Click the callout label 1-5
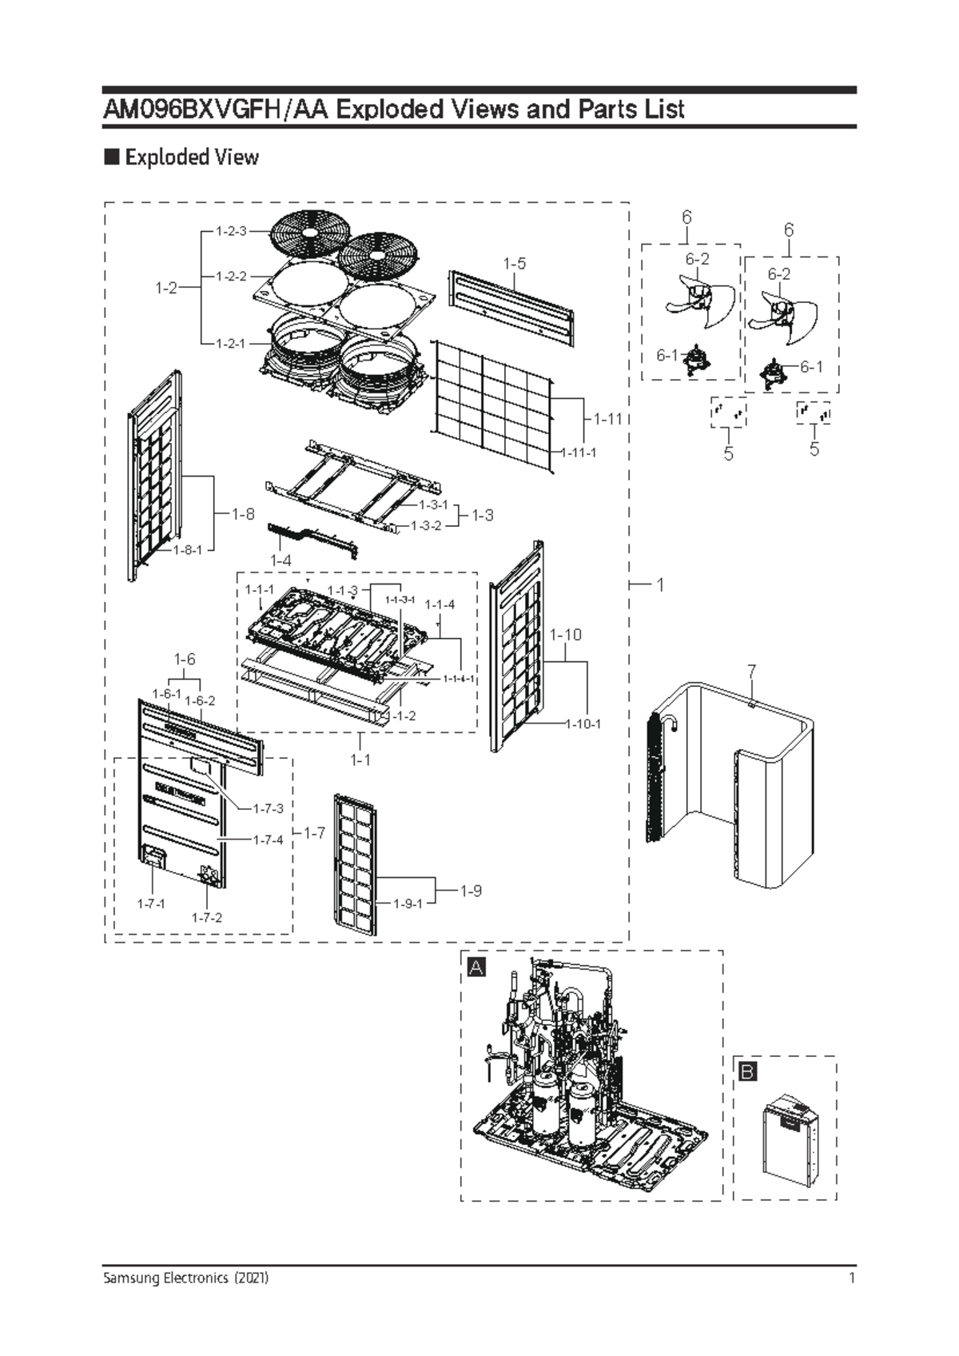pyautogui.click(x=515, y=263)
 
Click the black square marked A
pyautogui.click(x=476, y=967)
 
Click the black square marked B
pyautogui.click(x=747, y=1072)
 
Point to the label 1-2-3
pyautogui.click(x=231, y=231)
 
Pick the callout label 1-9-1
pyautogui.click(x=408, y=903)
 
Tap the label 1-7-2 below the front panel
pyautogui.click(x=206, y=917)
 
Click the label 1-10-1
pyautogui.click(x=583, y=724)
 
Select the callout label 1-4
pyautogui.click(x=281, y=560)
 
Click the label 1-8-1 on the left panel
pyautogui.click(x=189, y=549)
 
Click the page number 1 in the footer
pyautogui.click(x=853, y=1278)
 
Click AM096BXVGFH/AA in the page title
pyautogui.click(x=216, y=109)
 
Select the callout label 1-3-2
pyautogui.click(x=425, y=525)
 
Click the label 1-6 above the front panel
pyautogui.click(x=185, y=659)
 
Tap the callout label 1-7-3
pyautogui.click(x=268, y=808)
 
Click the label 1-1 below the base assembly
pyautogui.click(x=360, y=760)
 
